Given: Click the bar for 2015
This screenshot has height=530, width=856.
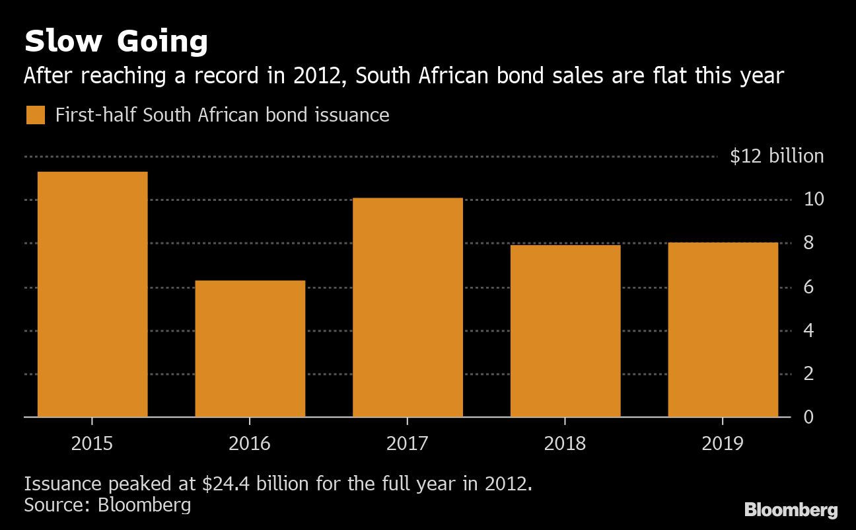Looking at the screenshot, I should [92, 294].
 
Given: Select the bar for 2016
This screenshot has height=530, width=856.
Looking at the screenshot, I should [250, 348].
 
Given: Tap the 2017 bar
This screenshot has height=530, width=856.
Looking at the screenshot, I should [408, 307].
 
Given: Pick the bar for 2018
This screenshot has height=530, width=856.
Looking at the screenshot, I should [565, 330].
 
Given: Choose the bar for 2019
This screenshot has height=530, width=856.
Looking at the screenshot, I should [723, 329].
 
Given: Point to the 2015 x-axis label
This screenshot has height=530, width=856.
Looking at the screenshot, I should [92, 443].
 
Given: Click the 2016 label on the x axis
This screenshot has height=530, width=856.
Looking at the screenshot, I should [250, 443].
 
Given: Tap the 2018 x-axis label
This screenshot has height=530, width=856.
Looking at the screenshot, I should [565, 443].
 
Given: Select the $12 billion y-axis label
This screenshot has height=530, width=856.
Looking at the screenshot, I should [777, 156].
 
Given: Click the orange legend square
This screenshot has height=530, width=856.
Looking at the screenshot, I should [36, 115].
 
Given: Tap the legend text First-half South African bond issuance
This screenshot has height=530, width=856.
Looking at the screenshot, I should [222, 115].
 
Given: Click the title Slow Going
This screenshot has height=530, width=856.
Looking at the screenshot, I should [116, 42].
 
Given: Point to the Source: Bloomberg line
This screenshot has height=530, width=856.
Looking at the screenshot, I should [108, 506].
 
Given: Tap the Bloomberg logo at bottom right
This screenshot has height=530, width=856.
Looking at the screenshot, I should [791, 510].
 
